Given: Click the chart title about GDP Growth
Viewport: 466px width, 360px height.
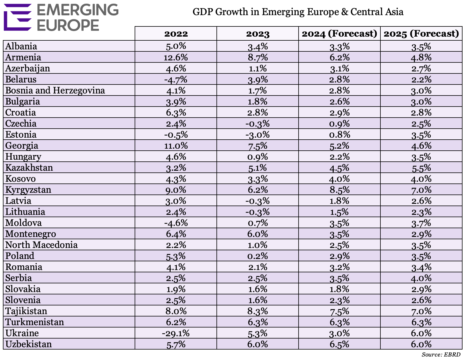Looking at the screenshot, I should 298,12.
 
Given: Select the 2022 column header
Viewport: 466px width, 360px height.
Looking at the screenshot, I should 176,34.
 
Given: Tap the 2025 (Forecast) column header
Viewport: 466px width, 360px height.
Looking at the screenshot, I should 421,34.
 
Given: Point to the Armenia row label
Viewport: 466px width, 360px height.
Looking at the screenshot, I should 23,57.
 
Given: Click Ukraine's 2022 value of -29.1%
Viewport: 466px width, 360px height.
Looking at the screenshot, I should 176,333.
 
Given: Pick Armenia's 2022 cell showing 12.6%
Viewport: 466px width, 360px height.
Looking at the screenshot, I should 176,57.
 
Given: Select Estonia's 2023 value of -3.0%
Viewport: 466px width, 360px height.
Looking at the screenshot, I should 257,135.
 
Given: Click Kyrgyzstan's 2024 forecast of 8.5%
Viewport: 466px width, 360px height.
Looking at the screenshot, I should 339,190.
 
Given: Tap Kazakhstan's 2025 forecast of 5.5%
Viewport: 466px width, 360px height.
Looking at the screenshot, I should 421,168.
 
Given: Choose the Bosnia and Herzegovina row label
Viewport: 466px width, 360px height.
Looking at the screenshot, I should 55,91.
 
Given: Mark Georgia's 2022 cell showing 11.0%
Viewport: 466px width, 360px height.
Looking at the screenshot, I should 176,146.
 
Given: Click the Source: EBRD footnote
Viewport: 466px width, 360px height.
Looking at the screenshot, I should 441,354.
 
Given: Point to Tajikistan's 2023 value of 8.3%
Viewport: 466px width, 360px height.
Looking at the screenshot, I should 257,311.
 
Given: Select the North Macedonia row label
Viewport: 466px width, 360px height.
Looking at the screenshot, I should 41,245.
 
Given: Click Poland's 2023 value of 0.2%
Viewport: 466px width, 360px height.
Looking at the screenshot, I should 257,256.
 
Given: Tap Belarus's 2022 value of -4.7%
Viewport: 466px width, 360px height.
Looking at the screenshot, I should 176,80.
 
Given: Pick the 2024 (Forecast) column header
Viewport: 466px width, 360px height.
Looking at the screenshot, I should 339,34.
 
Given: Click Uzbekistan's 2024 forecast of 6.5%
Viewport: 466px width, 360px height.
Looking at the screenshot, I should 339,344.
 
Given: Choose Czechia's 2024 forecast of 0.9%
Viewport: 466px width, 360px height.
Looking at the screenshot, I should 339,124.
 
